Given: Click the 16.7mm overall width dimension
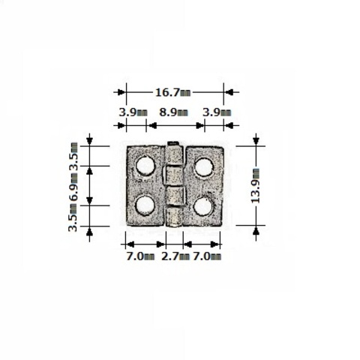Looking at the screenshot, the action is click(173, 92).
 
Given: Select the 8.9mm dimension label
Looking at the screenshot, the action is click(173, 112).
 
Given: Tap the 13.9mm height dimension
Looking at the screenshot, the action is click(255, 186).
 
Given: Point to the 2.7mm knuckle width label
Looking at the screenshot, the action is click(175, 256).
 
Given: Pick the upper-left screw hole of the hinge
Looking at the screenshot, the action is click(145, 166).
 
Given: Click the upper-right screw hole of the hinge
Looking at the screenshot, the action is click(204, 166).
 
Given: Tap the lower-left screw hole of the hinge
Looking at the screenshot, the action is click(145, 205).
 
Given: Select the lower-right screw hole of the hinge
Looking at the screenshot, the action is click(204, 206).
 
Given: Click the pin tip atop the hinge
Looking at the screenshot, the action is click(173, 143).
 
